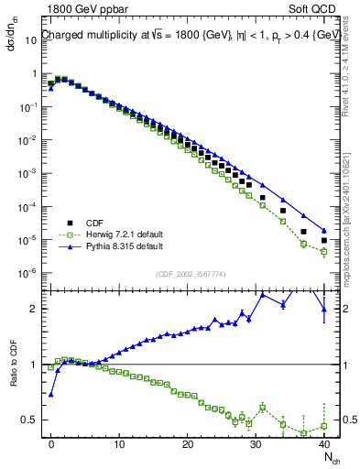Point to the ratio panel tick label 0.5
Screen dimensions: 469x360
34,420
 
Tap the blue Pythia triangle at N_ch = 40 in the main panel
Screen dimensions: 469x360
323,230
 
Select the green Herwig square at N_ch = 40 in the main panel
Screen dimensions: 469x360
323,251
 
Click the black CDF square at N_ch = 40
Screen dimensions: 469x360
323,241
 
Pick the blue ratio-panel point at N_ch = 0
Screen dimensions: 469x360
51,394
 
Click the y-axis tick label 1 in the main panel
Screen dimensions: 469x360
38,73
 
